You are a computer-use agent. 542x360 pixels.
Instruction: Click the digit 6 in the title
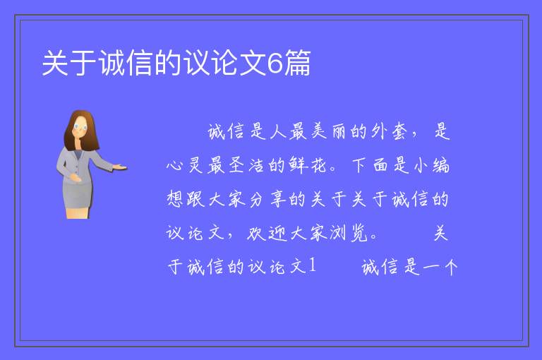coord(275,63)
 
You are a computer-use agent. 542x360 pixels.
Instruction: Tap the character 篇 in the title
coord(297,63)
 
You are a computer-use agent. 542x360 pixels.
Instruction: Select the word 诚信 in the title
coord(126,63)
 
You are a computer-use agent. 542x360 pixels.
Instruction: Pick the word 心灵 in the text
coord(184,165)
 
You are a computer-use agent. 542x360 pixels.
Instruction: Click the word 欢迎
coord(267,233)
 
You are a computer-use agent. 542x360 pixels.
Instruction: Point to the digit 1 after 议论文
coord(313,266)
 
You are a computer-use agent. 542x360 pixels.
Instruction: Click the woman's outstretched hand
coord(119,168)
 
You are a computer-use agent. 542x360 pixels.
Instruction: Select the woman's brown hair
coord(80,130)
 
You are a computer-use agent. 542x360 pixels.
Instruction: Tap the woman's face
coord(80,127)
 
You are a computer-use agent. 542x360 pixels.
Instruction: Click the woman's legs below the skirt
coord(78,213)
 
